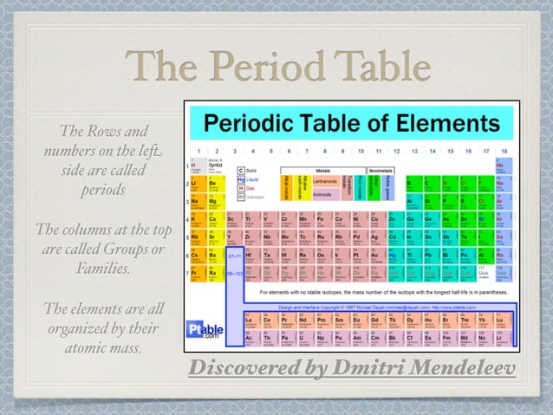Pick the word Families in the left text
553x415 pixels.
coord(103,269)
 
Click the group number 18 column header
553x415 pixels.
coord(503,151)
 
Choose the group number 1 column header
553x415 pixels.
coord(195,151)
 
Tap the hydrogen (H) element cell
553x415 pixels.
coord(195,164)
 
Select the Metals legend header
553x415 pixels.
coord(322,171)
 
